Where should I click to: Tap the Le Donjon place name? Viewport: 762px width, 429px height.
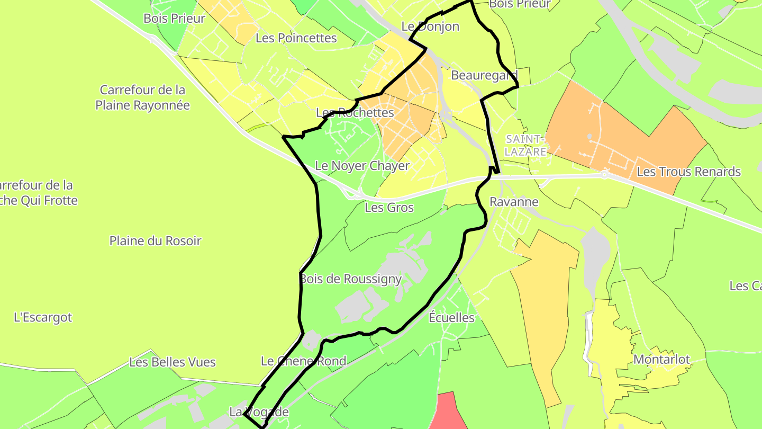click(x=430, y=26)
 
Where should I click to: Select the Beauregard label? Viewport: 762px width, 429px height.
click(x=484, y=76)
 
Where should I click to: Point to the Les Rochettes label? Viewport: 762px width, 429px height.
click(x=355, y=113)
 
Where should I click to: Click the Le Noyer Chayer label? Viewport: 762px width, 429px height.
click(x=362, y=166)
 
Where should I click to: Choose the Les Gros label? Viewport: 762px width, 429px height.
click(x=389, y=208)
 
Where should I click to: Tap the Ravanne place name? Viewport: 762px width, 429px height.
click(x=513, y=202)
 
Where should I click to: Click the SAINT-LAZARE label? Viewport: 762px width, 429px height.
click(x=525, y=145)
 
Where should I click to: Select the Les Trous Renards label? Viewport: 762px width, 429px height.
click(x=688, y=172)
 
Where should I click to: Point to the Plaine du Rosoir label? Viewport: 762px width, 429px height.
click(x=155, y=241)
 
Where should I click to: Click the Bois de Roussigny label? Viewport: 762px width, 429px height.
click(x=351, y=279)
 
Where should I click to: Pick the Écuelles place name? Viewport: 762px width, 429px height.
click(x=451, y=318)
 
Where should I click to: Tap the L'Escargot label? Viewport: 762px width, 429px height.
click(x=43, y=318)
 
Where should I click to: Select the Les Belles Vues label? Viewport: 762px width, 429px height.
click(x=173, y=362)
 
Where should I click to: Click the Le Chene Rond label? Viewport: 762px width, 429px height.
click(x=304, y=361)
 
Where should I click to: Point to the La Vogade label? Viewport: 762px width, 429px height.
click(x=259, y=412)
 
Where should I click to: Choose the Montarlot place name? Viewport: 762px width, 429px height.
click(x=661, y=360)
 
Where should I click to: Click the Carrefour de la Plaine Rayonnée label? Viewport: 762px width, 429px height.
click(x=142, y=97)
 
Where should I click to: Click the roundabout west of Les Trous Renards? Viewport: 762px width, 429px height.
click(x=604, y=174)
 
